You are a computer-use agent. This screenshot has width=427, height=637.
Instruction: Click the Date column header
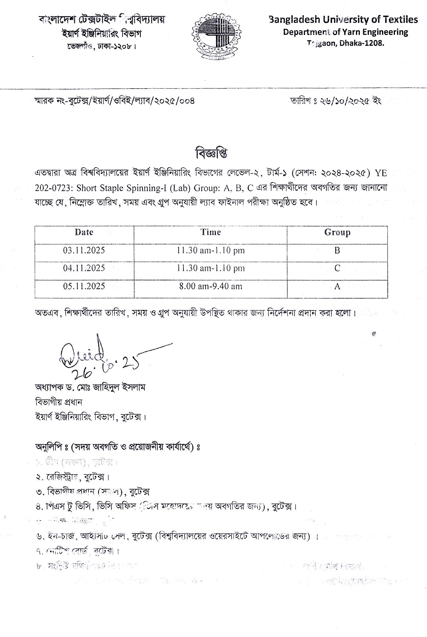[84, 232]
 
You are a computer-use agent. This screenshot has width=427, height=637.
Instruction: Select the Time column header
[211, 232]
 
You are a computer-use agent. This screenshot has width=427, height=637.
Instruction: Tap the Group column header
[337, 232]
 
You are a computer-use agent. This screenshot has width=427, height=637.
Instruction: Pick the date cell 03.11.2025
[84, 250]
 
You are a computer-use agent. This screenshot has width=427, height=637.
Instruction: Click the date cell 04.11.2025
[84, 268]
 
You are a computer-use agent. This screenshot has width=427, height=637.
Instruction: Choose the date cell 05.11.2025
[84, 286]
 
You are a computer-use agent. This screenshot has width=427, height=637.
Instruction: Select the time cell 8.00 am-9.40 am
[211, 286]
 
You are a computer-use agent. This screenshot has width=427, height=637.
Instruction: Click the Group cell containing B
[337, 250]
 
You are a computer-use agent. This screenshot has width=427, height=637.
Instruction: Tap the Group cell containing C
[337, 268]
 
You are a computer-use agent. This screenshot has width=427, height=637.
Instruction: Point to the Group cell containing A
[337, 287]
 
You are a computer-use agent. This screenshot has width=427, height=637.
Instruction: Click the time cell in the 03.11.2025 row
[211, 250]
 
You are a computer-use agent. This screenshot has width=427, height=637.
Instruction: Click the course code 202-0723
[53, 188]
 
